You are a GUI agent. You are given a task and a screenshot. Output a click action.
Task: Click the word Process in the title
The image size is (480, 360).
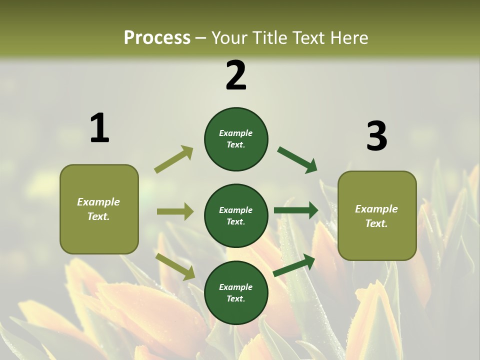157,37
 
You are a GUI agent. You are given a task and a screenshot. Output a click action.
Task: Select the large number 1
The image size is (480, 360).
99,128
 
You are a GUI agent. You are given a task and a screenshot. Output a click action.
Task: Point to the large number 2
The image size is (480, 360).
236,75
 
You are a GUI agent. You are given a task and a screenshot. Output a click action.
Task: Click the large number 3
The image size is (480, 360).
376,136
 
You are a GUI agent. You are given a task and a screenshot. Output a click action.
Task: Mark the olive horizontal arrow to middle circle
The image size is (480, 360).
175,211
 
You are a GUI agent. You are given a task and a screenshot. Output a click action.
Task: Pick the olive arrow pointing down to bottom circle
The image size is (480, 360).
175,266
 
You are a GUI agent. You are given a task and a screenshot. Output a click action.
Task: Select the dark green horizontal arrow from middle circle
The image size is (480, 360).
296,210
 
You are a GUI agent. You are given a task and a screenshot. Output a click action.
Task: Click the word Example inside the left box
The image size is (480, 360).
98,202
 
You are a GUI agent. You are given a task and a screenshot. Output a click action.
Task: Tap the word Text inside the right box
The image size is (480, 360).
376,223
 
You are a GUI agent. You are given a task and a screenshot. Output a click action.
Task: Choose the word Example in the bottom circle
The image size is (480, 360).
236,287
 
